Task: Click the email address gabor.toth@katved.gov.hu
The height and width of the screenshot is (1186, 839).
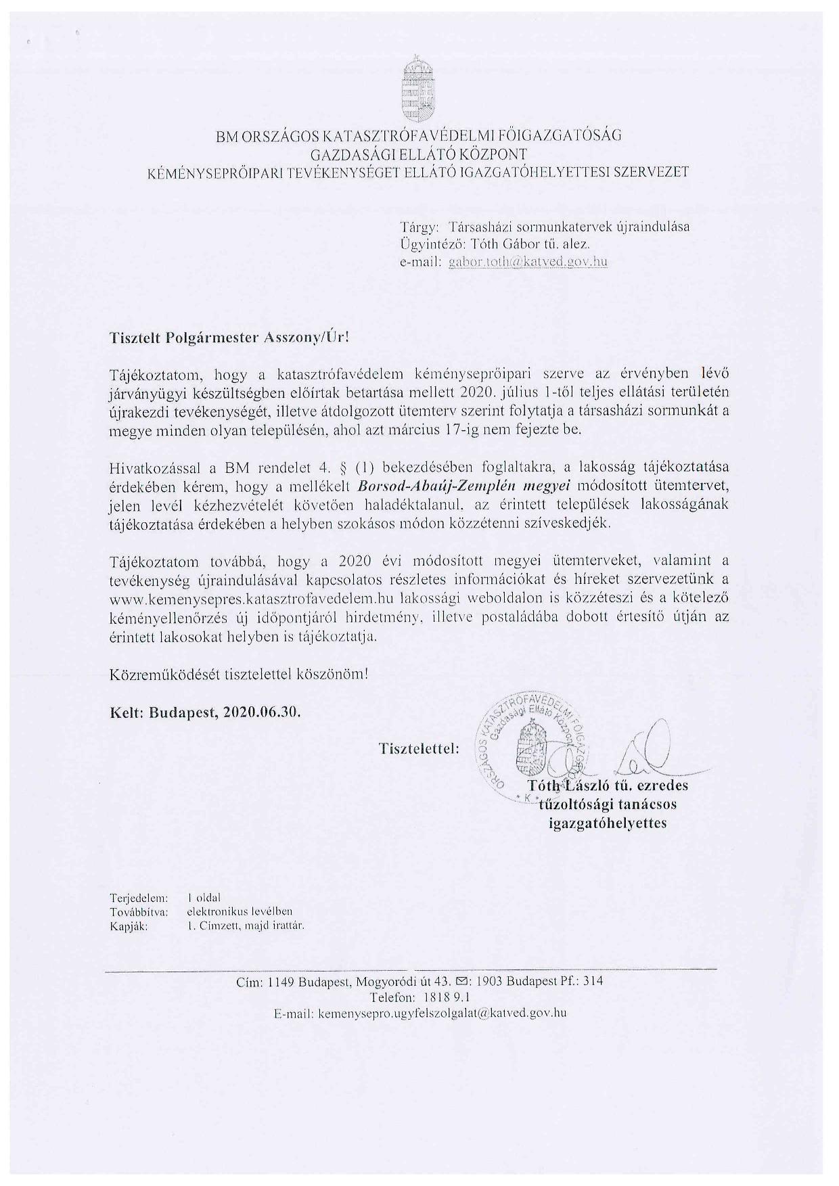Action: click(x=528, y=261)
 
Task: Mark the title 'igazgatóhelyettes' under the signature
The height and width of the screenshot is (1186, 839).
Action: click(x=607, y=823)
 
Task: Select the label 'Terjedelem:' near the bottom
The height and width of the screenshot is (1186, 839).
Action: click(x=139, y=898)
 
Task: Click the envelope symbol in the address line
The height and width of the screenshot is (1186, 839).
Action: click(x=463, y=982)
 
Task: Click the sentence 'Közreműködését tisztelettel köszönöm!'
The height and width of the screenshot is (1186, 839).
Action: click(x=240, y=675)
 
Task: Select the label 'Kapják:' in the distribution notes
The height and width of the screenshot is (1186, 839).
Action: click(x=129, y=926)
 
